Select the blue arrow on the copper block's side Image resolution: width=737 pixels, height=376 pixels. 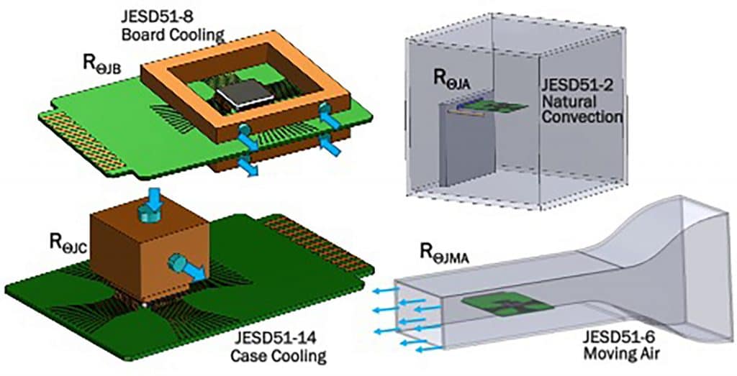tap(186, 267)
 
